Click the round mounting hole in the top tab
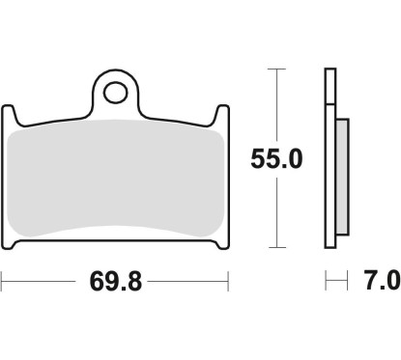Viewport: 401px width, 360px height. [x=117, y=94]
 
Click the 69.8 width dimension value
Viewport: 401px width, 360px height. [x=116, y=283]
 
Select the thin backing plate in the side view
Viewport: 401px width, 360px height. [x=329, y=164]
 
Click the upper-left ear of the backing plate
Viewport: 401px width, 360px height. [x=11, y=116]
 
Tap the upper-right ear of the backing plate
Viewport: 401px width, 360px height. [x=223, y=116]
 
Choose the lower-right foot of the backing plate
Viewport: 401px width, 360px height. [x=222, y=248]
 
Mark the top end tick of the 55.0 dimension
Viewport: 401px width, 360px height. [x=279, y=70]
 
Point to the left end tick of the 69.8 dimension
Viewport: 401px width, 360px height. [x=3, y=283]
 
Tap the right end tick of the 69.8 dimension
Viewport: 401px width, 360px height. [x=228, y=283]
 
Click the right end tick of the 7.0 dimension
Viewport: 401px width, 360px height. [x=347, y=283]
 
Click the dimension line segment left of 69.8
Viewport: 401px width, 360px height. [x=39, y=283]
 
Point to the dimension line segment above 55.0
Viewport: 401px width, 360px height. [x=279, y=106]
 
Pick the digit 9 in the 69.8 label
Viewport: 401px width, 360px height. [x=108, y=283]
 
